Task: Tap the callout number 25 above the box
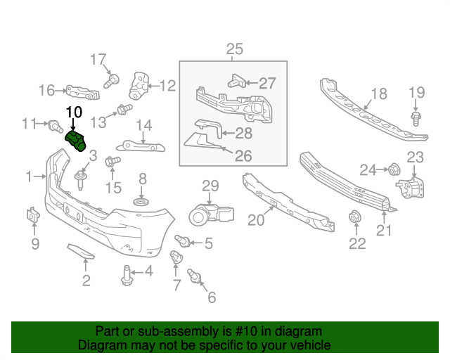pyautogui.click(x=234, y=49)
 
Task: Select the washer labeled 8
pyautogui.click(x=141, y=203)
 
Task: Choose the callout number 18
pyautogui.click(x=378, y=94)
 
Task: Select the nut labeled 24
pyautogui.click(x=394, y=169)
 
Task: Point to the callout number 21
pyautogui.click(x=384, y=230)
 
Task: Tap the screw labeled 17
pyautogui.click(x=110, y=81)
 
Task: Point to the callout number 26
pyautogui.click(x=243, y=156)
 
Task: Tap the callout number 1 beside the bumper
pyautogui.click(x=29, y=176)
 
